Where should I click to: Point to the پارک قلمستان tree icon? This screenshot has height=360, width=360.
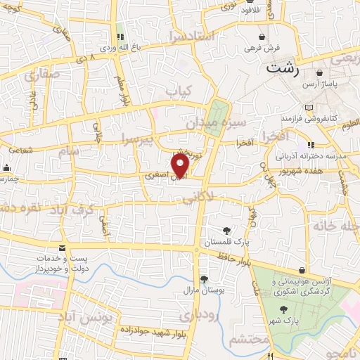click(226, 230)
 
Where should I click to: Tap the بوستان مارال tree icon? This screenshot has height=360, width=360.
click(203, 279)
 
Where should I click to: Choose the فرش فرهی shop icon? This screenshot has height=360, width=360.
click(262, 37)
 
